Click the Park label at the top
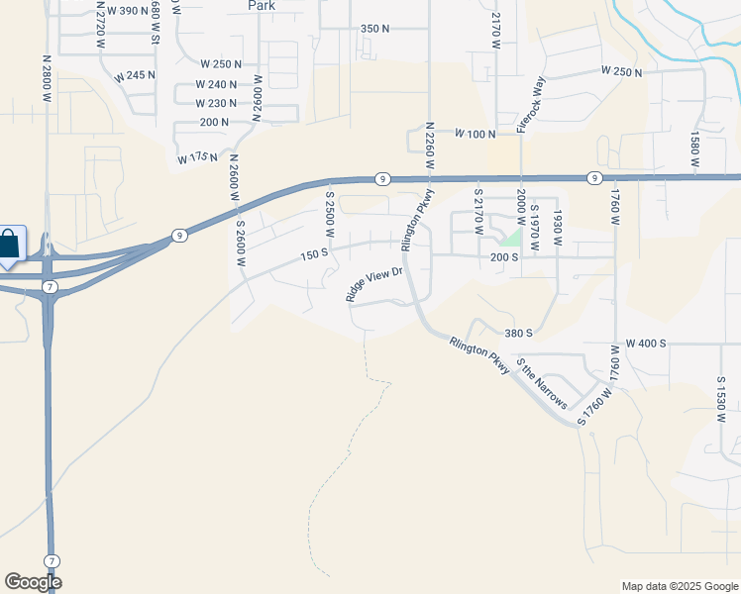pos(262,5)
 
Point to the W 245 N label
pos(136,76)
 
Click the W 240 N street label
pos(217,85)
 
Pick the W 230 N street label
pos(217,103)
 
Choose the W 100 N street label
pos(475,134)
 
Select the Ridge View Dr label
pos(375,283)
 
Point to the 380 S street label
pos(519,334)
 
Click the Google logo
pos(33,582)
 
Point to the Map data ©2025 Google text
pos(679,586)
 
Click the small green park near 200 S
pos(510,239)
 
